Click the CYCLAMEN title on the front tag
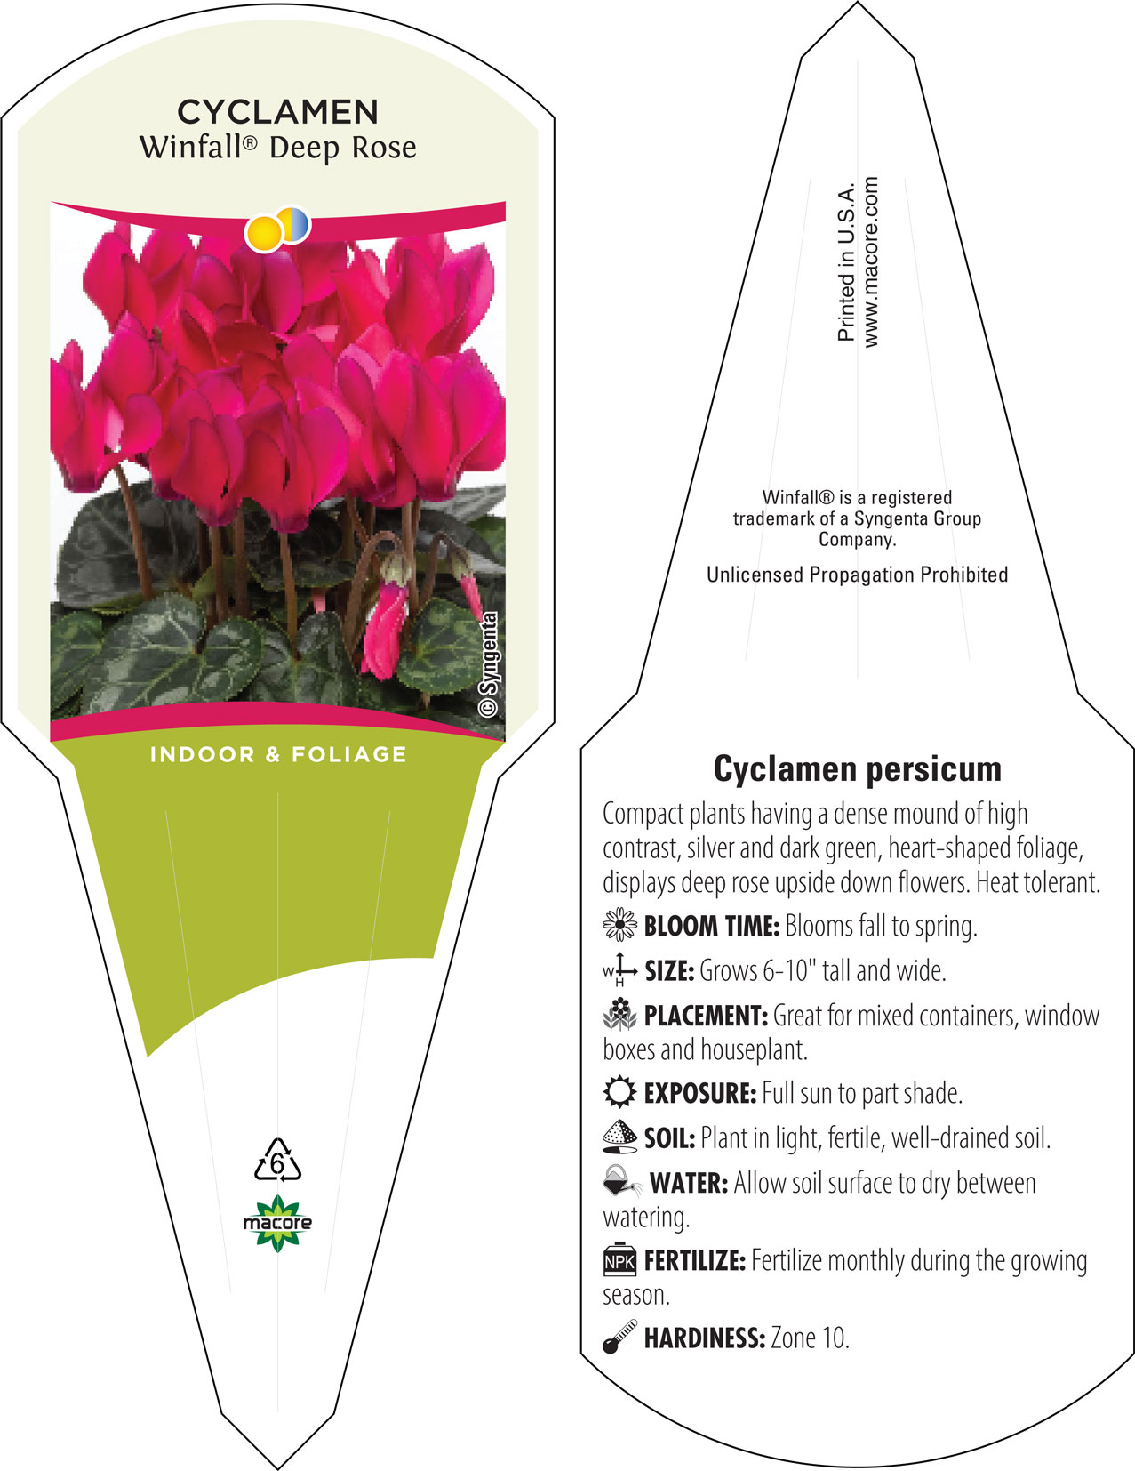pyautogui.click(x=277, y=112)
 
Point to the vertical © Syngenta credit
pyautogui.click(x=488, y=664)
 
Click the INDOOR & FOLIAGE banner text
pyautogui.click(x=278, y=754)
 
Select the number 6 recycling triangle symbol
pyautogui.click(x=277, y=1160)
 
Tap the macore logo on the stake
pyautogui.click(x=277, y=1223)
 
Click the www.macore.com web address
pyautogui.click(x=870, y=262)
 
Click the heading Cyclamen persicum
pyautogui.click(x=857, y=768)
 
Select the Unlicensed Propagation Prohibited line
pyautogui.click(x=857, y=575)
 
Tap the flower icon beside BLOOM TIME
pyautogui.click(x=619, y=925)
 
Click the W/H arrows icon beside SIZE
pyautogui.click(x=619, y=970)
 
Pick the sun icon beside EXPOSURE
pyautogui.click(x=619, y=1092)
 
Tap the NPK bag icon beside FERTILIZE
pyautogui.click(x=619, y=1260)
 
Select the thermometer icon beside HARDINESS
pyautogui.click(x=619, y=1337)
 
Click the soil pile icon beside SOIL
pyautogui.click(x=619, y=1137)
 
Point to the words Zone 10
pyautogui.click(x=810, y=1338)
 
